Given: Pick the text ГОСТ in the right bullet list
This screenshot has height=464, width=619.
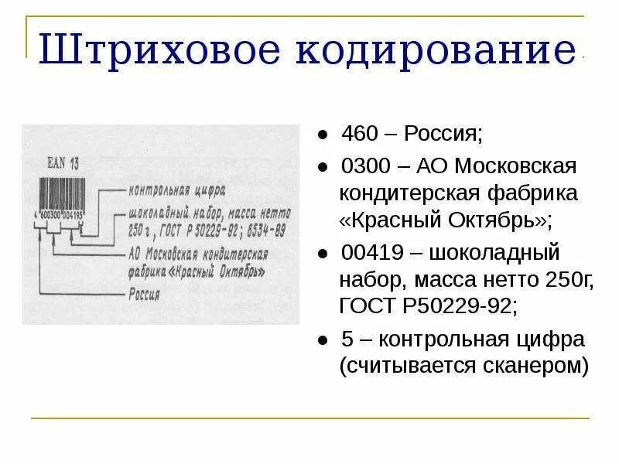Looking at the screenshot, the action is pyautogui.click(x=366, y=306).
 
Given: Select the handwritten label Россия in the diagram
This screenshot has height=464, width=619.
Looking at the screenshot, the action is pyautogui.click(x=144, y=294).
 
